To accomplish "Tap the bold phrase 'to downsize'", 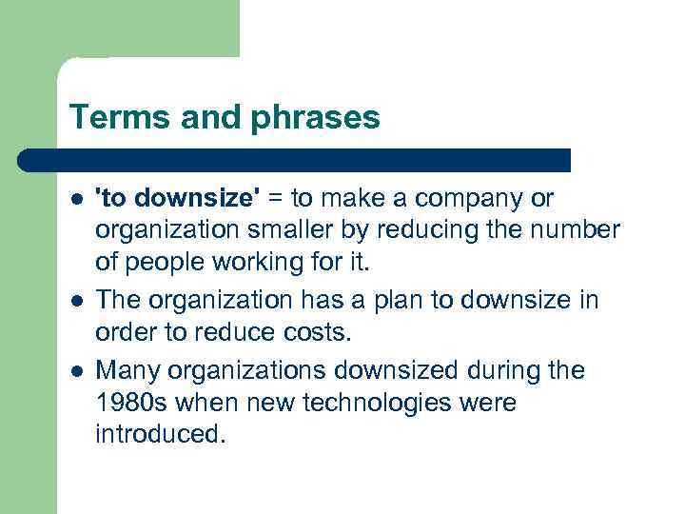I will pos(178,198).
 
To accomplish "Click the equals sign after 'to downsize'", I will pos(275,198).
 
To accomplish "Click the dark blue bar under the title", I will pos(295,160).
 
